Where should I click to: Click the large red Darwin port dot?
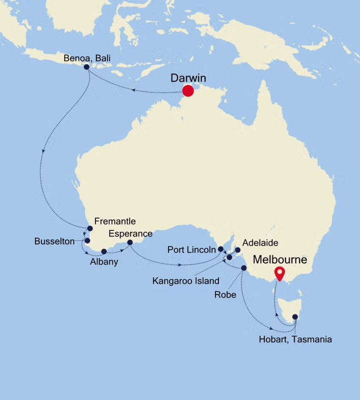(188, 90)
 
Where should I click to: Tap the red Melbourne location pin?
(279, 273)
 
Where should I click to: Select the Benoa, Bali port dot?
(86, 66)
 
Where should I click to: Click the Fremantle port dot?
(90, 228)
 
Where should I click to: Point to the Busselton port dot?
(87, 240)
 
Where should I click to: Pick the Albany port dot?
(104, 251)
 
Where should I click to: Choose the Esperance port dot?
(130, 242)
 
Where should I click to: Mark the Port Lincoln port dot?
(220, 248)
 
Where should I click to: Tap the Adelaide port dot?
(237, 250)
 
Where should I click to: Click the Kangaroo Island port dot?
(229, 257)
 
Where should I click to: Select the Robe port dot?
(243, 268)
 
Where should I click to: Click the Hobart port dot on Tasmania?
(295, 316)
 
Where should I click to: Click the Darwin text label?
(188, 78)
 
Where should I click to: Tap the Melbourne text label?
(280, 260)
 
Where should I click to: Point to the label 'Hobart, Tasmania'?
(295, 339)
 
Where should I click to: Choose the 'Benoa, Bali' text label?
(86, 58)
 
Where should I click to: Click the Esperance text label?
(131, 233)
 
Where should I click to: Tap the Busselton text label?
(54, 241)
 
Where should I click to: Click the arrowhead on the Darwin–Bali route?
(134, 90)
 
